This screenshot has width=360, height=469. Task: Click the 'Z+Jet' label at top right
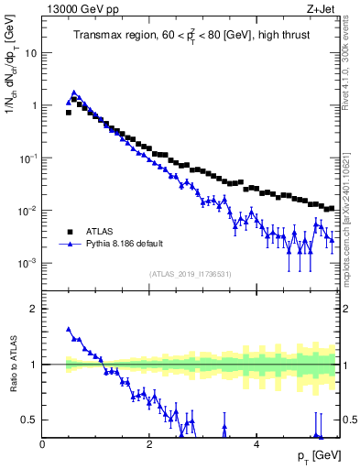[324, 8]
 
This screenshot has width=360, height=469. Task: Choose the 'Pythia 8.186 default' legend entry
[128, 245]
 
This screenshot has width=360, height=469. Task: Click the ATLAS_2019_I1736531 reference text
[191, 274]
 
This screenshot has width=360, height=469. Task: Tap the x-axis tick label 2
[149, 443]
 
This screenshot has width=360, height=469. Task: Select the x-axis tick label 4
[256, 443]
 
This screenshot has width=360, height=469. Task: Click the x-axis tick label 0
[43, 443]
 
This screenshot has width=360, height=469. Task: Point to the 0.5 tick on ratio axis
[30, 420]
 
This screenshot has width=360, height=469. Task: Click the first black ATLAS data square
[69, 113]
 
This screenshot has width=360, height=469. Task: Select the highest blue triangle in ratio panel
[69, 329]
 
